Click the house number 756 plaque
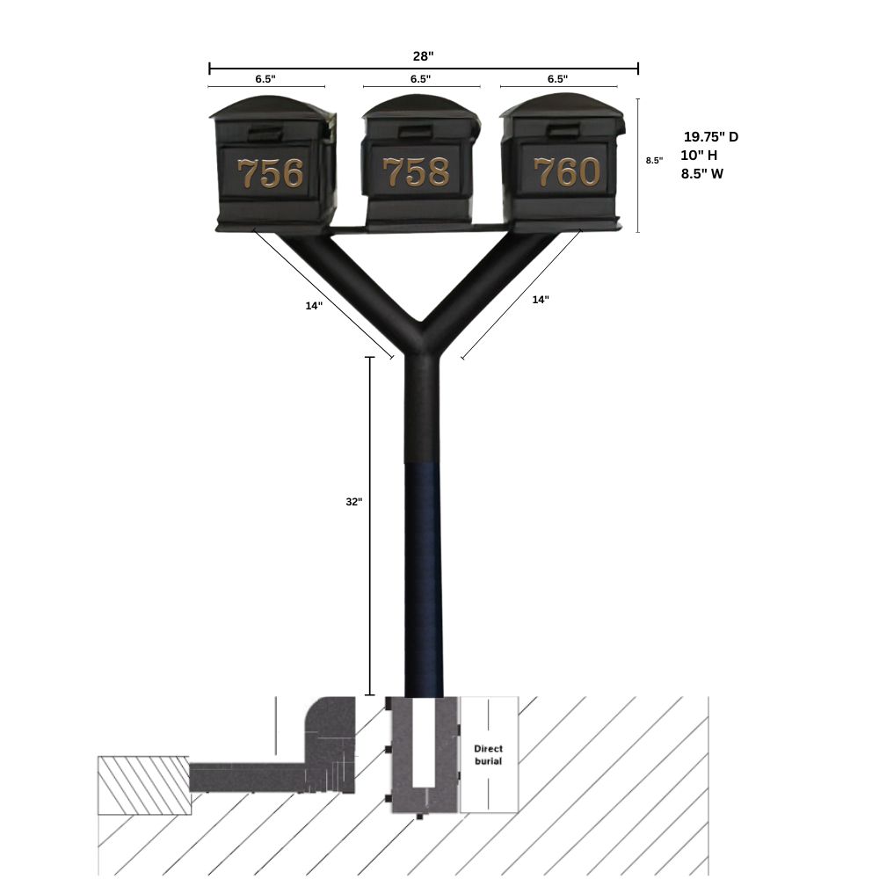coord(271,173)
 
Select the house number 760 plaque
coord(566,172)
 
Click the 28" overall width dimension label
coord(423,56)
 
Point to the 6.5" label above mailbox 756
coord(265,79)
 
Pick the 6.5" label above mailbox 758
coord(420,79)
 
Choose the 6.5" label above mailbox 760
coord(557,79)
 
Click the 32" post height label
coord(353,502)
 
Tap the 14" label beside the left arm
coord(314,306)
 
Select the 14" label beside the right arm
coord(541,300)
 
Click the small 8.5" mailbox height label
coord(654,161)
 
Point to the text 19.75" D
coord(711,137)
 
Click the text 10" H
coord(699,156)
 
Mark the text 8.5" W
coord(702,174)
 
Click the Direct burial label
coord(488,754)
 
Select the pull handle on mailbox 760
coord(563,132)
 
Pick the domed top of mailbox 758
coord(420,108)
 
